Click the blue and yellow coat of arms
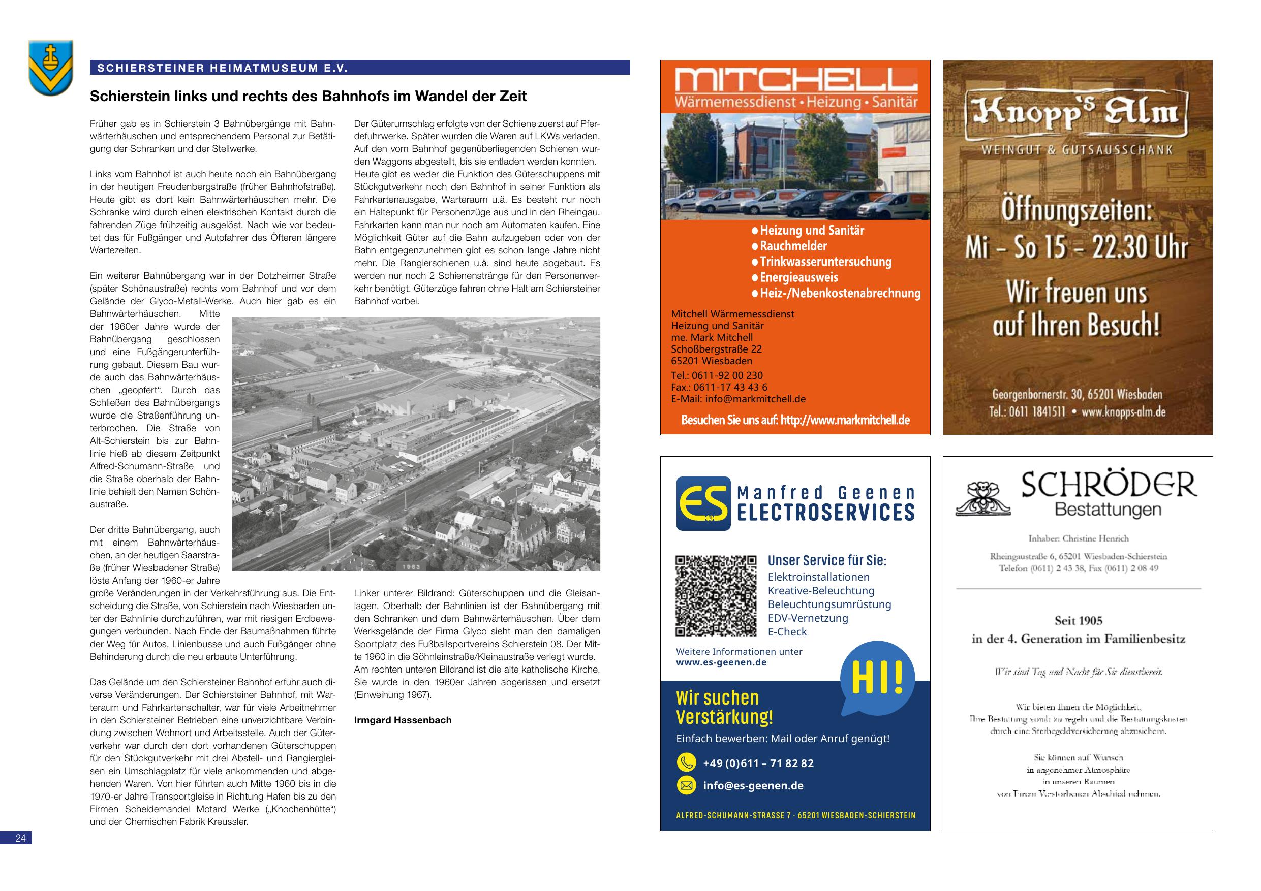[x=50, y=68]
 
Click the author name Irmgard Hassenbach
[x=403, y=720]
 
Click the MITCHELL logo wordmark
[x=796, y=81]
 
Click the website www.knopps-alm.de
[x=1123, y=412]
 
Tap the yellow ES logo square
[x=703, y=503]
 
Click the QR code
[x=716, y=596]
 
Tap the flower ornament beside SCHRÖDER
[x=983, y=499]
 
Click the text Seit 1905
[x=1078, y=621]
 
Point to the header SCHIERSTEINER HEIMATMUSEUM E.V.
[x=223, y=68]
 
